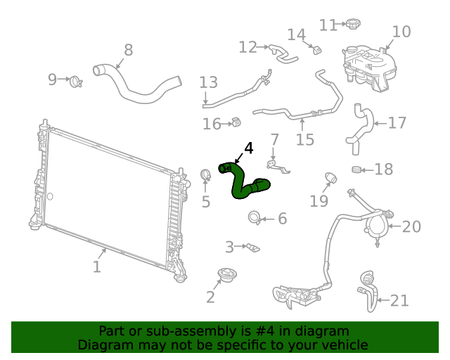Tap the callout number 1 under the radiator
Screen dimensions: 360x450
coord(97,266)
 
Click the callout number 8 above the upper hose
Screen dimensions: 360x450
coord(128,50)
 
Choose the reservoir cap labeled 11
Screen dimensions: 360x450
coord(352,25)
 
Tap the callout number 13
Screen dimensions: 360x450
coord(208,82)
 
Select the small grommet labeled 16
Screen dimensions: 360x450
coord(236,124)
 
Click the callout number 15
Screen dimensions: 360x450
coord(304,139)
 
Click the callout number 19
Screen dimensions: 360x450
coord(319,201)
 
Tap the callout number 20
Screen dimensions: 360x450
coord(411,226)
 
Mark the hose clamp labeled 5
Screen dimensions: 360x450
coord(205,174)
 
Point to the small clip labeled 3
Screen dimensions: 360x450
coord(252,247)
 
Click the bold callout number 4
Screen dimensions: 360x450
coord(247,148)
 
